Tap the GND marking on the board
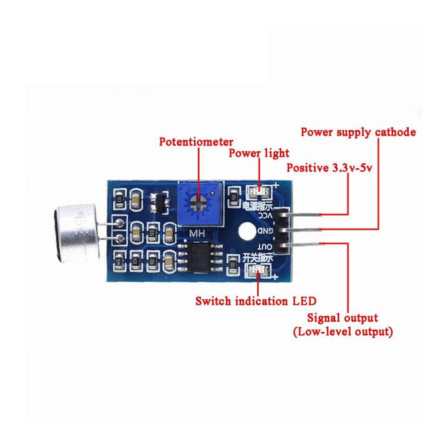[266, 231]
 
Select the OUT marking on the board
[266, 247]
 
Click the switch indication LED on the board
[258, 270]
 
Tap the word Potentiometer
[196, 142]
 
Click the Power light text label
[258, 153]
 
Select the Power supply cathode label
[358, 132]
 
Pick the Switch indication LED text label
[256, 301]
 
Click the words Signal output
[343, 318]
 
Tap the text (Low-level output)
[343, 332]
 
